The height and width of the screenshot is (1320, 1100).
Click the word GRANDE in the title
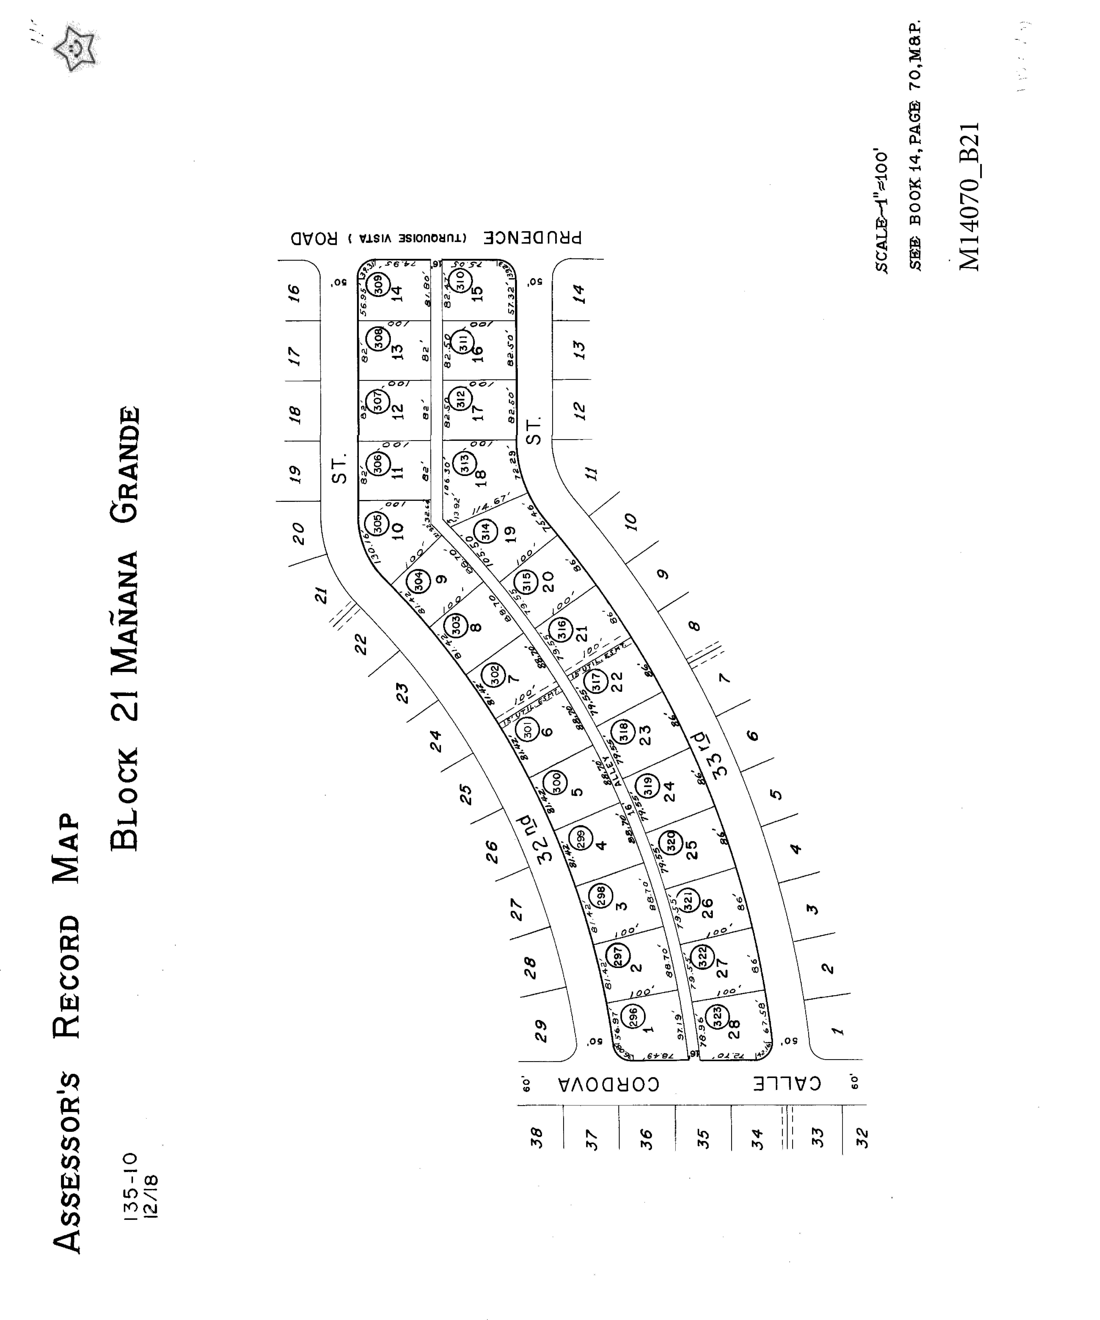click(124, 465)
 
